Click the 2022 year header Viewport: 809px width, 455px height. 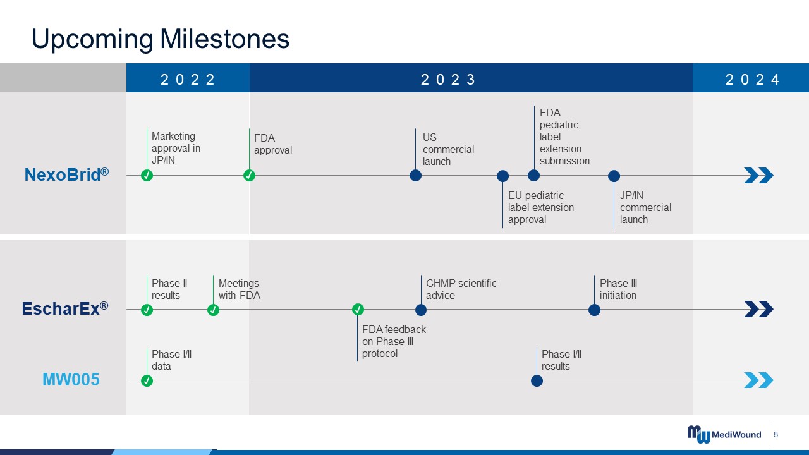(x=188, y=80)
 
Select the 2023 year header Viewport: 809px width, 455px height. (x=448, y=80)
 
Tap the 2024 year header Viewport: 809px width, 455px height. (x=752, y=80)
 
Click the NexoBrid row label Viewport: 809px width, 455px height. (x=66, y=175)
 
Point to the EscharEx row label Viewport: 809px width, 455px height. (x=65, y=309)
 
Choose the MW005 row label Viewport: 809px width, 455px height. (x=71, y=380)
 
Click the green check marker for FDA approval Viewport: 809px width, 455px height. (x=249, y=176)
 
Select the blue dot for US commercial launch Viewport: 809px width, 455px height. (x=415, y=176)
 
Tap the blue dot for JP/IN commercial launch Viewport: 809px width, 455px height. (x=614, y=176)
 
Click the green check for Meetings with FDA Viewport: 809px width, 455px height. (x=213, y=310)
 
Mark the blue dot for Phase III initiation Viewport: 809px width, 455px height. (x=595, y=310)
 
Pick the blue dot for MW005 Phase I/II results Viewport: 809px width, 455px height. (x=537, y=380)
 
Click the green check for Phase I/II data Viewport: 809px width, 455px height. (x=147, y=380)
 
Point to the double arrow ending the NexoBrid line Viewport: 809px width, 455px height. (x=759, y=176)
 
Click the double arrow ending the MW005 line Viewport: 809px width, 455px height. (x=759, y=380)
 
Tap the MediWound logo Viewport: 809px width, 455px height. (x=724, y=434)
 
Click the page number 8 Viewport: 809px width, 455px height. (x=776, y=434)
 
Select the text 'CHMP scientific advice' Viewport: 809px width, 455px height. (x=461, y=289)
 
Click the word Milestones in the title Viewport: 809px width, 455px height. (x=224, y=39)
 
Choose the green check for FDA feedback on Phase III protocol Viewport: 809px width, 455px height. (x=358, y=310)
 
